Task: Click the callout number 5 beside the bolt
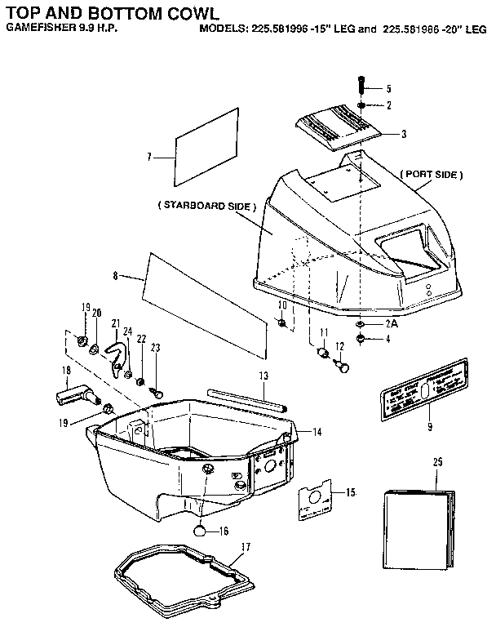(389, 88)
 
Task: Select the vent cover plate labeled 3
(335, 130)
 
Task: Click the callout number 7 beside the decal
(149, 155)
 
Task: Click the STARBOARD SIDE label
(206, 207)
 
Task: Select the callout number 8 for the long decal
(116, 276)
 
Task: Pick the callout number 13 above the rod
(263, 376)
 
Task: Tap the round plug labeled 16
(201, 530)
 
